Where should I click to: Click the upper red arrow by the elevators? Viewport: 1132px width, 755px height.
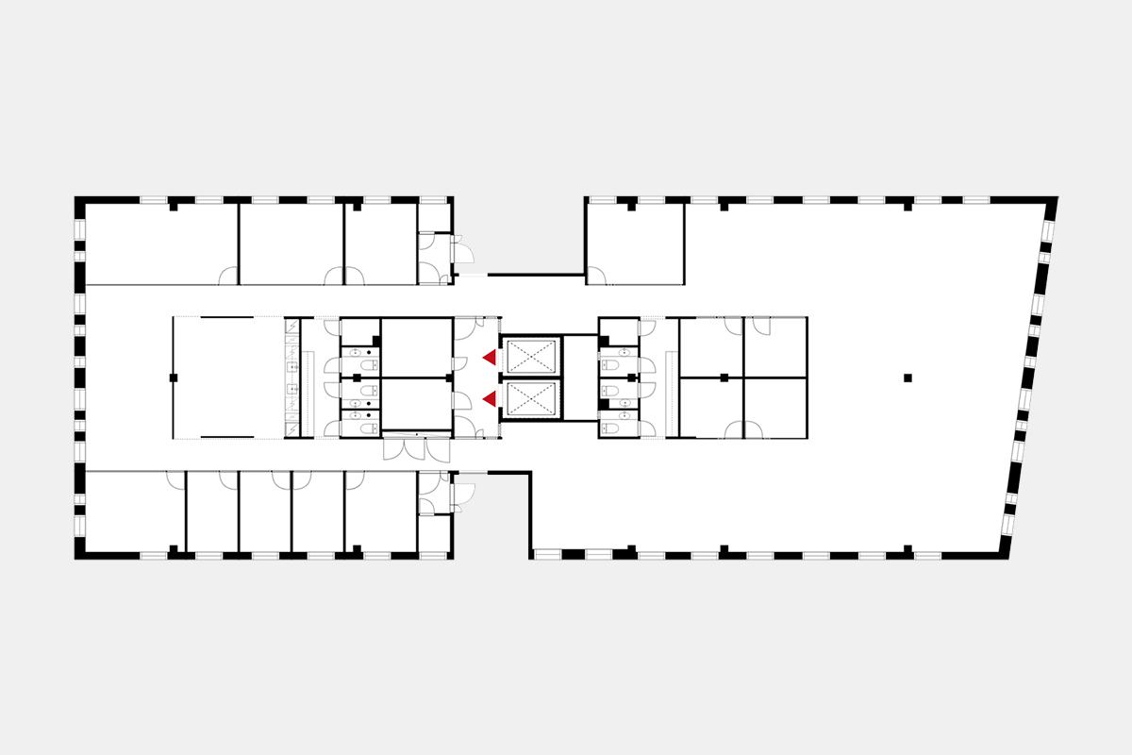pyautogui.click(x=489, y=357)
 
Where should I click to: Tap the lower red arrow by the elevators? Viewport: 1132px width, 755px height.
pyautogui.click(x=489, y=400)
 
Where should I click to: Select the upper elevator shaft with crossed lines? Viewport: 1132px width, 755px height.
pyautogui.click(x=529, y=357)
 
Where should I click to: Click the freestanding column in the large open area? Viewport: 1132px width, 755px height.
pyautogui.click(x=907, y=377)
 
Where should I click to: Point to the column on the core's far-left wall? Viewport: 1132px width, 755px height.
pyautogui.click(x=174, y=377)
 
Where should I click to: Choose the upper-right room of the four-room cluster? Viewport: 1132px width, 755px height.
pyautogui.click(x=775, y=347)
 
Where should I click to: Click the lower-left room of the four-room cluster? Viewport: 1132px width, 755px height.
pyautogui.click(x=710, y=408)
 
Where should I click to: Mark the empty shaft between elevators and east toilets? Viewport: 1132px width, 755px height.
pyautogui.click(x=579, y=377)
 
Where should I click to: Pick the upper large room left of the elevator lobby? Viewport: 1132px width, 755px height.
pyautogui.click(x=416, y=347)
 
